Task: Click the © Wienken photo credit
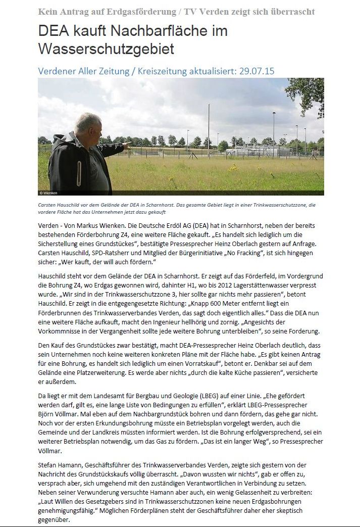(49, 193)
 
